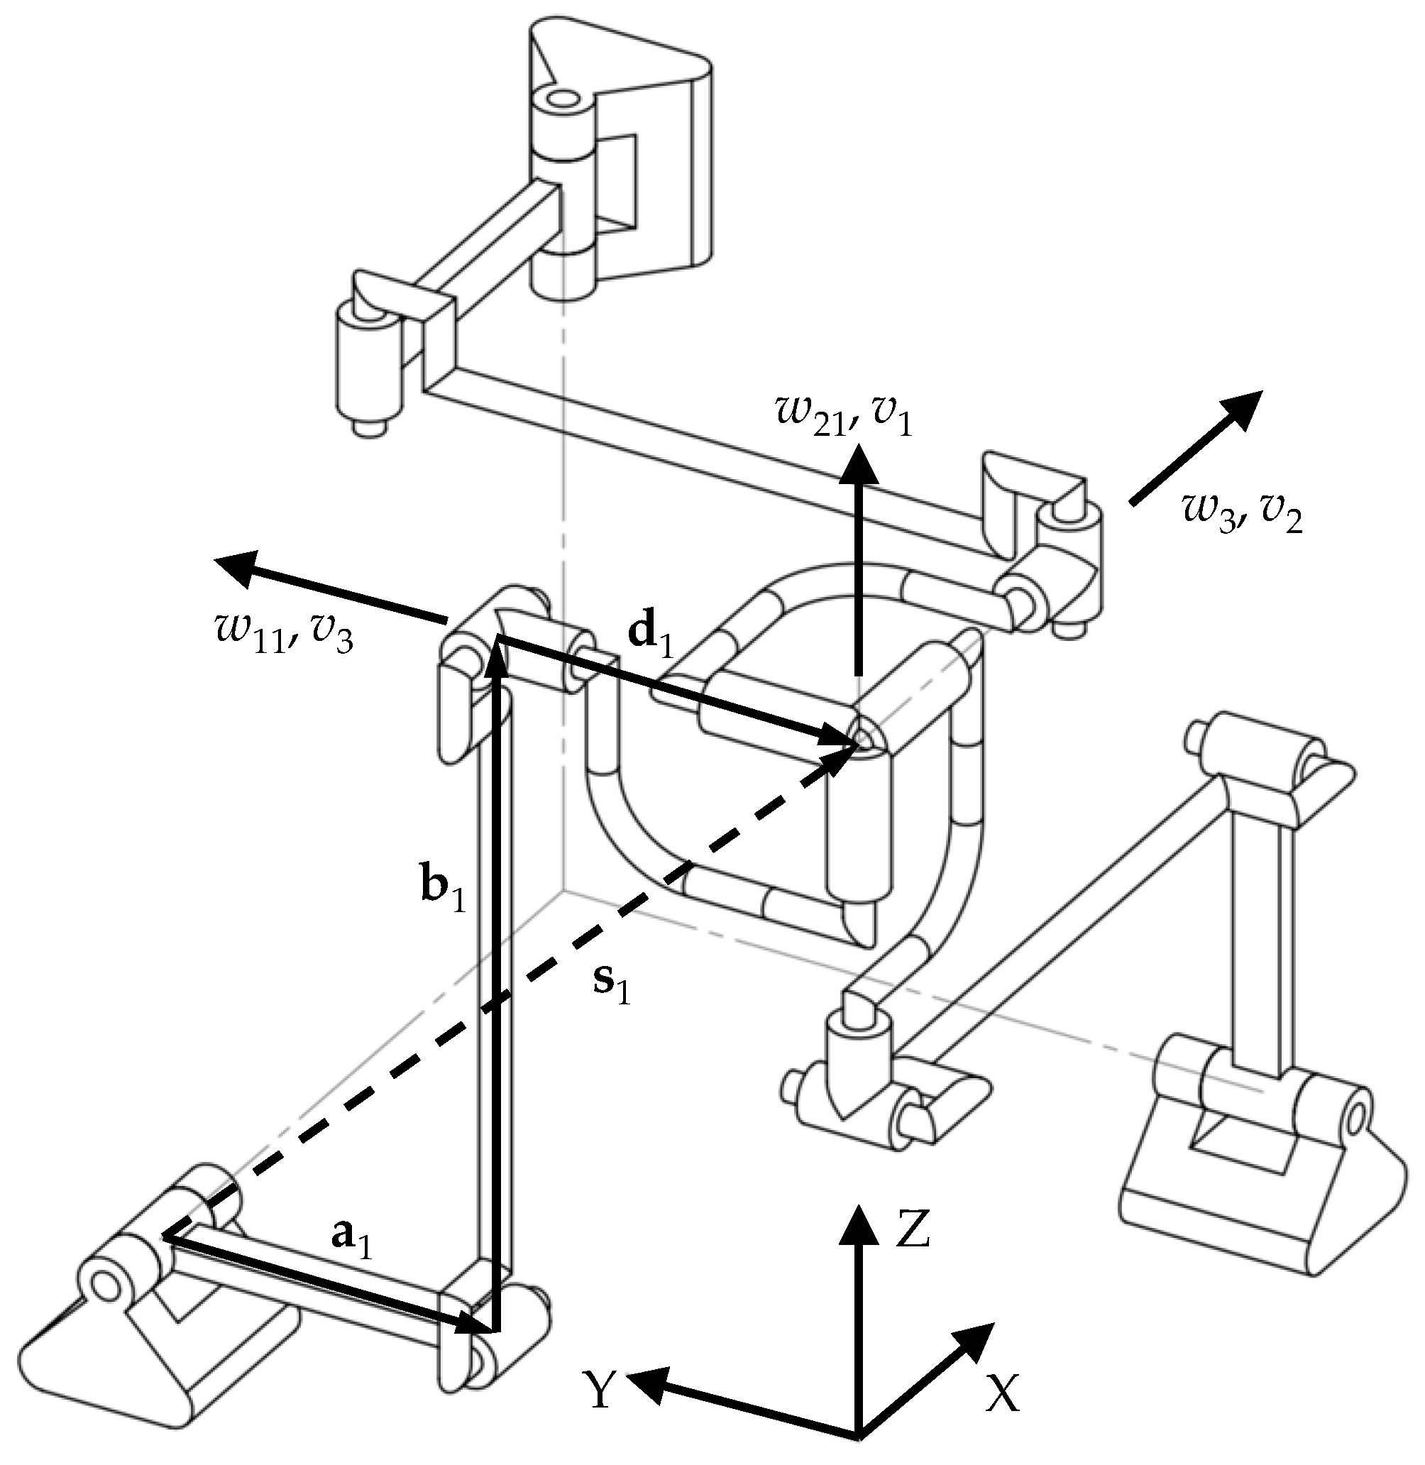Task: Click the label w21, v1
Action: click(x=844, y=414)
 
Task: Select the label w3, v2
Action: click(x=1243, y=516)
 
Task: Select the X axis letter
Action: click(x=1002, y=1393)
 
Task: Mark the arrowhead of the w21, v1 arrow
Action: click(x=859, y=462)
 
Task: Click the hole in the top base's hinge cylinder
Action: click(x=562, y=98)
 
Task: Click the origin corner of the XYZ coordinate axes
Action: click(x=859, y=1434)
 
